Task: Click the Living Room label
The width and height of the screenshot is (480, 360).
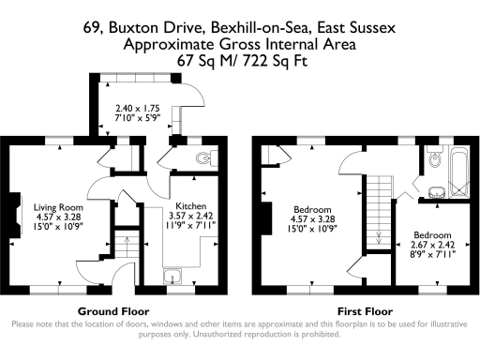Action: (x=58, y=207)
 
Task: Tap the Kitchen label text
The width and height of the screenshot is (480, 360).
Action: (x=190, y=205)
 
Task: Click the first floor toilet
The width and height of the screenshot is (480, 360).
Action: (x=432, y=159)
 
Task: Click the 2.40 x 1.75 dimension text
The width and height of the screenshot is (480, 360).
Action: (x=138, y=108)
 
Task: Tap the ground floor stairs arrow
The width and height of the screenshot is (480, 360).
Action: (x=125, y=251)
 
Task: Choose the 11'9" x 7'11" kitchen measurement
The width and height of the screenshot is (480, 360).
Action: (x=190, y=226)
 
